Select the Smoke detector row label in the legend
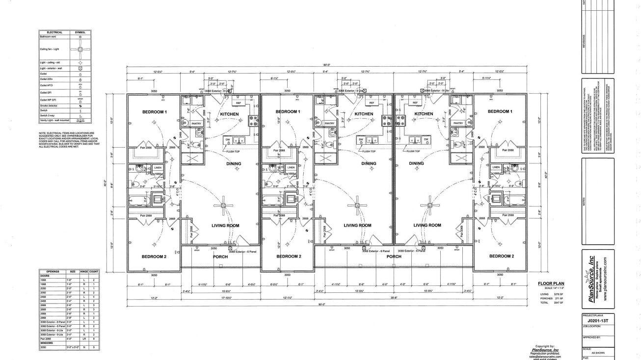[48, 106]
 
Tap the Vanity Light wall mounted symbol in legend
[81, 120]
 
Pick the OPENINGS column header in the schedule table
[53, 271]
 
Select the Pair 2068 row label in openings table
[46, 339]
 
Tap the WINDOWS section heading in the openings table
[47, 343]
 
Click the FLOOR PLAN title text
[551, 283]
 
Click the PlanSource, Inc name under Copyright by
[544, 350]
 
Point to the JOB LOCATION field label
[591, 326]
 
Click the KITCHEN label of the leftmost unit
[229, 114]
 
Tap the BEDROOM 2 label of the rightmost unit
[500, 257]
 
